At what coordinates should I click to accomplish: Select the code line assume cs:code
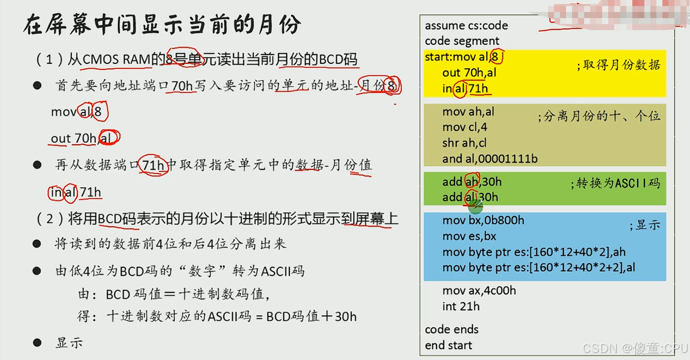click(x=466, y=26)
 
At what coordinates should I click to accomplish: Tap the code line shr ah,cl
click(x=464, y=143)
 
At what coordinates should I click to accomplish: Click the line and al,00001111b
click(x=490, y=159)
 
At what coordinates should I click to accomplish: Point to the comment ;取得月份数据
click(x=618, y=65)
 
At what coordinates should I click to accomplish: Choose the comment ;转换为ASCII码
click(x=615, y=183)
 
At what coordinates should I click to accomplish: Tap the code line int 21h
click(x=461, y=306)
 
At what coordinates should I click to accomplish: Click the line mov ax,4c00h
click(x=479, y=291)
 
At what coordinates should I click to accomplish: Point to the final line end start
click(x=448, y=345)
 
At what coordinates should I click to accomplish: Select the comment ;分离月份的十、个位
click(x=599, y=117)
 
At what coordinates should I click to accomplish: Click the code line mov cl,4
click(x=465, y=128)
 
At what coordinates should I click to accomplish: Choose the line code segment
click(x=462, y=41)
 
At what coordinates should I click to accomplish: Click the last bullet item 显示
click(x=69, y=343)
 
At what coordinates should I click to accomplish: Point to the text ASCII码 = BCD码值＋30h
click(x=281, y=317)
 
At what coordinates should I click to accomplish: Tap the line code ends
click(x=451, y=330)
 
